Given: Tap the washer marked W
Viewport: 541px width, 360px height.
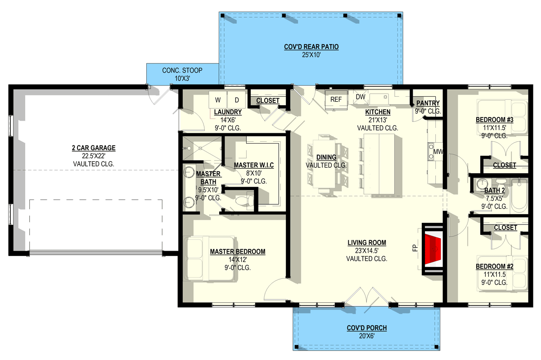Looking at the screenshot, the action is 217,100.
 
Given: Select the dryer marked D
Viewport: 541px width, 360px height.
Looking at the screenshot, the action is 236,100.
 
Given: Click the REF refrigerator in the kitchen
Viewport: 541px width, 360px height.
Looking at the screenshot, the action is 336,100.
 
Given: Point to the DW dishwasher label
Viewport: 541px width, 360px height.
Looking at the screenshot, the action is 361,97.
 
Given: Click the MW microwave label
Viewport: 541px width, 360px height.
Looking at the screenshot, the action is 438,152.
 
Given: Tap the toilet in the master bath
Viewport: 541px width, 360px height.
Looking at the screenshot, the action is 244,201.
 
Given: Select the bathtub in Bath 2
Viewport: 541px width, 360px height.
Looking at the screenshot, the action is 519,196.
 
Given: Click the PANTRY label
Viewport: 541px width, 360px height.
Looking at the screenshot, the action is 428,103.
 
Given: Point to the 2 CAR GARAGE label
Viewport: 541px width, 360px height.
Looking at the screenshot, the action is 94,148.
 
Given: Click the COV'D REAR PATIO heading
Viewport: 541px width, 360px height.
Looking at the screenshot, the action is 311,47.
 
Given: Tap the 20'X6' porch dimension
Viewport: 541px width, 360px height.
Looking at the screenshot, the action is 367,336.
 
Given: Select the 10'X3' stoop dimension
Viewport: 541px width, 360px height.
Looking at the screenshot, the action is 182,78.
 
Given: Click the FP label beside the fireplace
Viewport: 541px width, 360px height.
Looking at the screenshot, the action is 415,248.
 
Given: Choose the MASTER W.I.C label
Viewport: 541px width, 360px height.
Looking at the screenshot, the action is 254,165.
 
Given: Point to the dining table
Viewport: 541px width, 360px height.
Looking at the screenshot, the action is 324,164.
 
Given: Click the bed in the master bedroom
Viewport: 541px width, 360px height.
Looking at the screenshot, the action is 209,259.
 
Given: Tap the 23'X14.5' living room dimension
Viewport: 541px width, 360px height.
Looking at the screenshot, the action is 367,251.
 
